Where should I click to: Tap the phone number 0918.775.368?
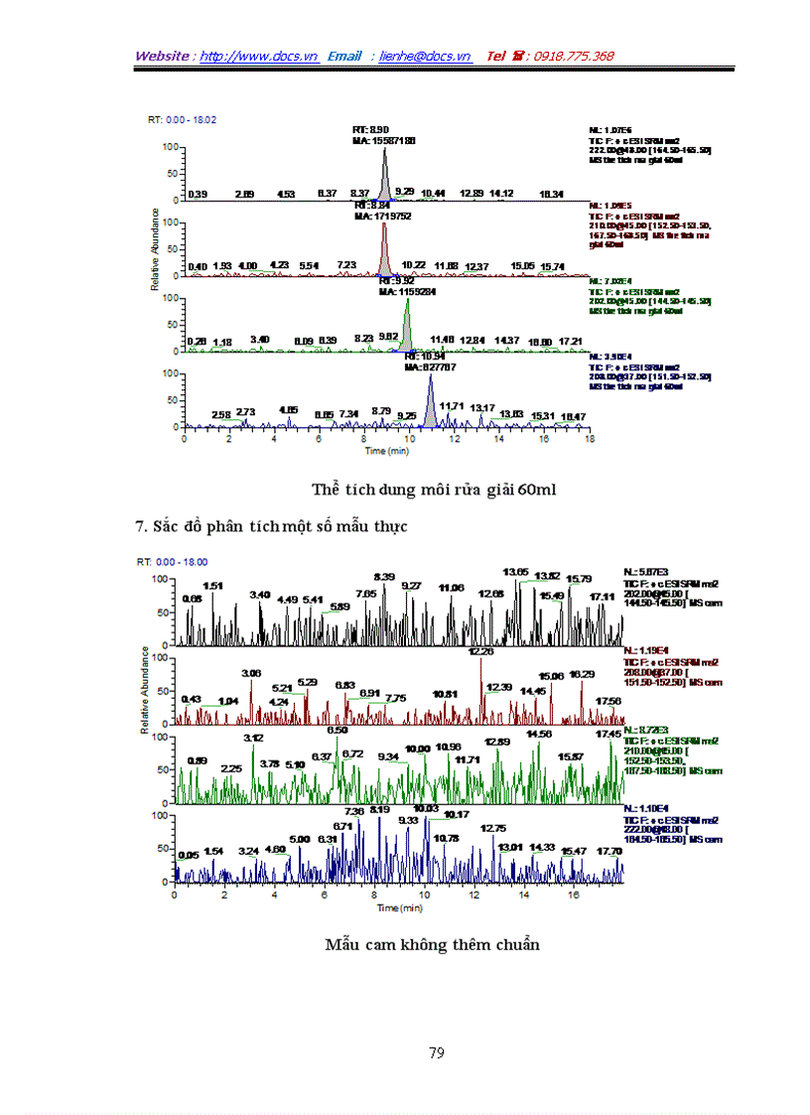coord(574,57)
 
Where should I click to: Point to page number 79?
coord(436,1053)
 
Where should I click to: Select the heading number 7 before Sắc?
coord(139,525)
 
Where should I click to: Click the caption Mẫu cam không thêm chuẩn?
coord(432,944)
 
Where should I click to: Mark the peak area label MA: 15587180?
coord(382,141)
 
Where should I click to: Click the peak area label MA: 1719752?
coord(381,215)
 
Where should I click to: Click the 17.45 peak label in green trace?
coord(608,734)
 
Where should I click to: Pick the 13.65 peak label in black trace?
coord(516,573)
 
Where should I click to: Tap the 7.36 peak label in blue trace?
coord(354,812)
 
